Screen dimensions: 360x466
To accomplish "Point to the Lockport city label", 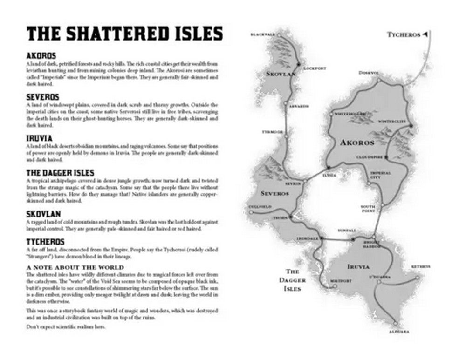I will click(313, 68).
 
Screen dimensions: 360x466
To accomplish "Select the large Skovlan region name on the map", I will click(278, 74).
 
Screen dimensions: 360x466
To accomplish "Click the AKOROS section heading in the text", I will click(41, 56).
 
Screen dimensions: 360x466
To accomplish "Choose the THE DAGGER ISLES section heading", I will click(61, 173).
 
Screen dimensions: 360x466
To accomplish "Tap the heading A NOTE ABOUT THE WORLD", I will click(75, 267).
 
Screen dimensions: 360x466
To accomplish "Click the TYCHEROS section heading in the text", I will click(46, 242).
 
